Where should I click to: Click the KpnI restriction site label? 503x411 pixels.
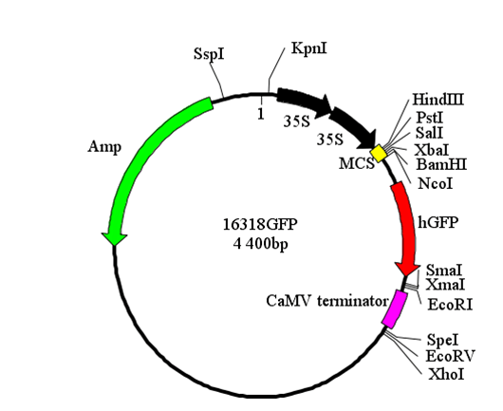[309, 49]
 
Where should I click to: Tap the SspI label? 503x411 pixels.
[209, 54]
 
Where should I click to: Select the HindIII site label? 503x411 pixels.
[438, 100]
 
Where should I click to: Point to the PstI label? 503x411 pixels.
[430, 118]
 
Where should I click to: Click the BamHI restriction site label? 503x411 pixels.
[441, 164]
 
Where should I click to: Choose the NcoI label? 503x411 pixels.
[436, 183]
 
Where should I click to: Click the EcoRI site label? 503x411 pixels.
[450, 305]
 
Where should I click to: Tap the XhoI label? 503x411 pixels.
[446, 374]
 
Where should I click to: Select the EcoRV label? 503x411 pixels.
[450, 356]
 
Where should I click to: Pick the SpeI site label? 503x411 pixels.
[442, 340]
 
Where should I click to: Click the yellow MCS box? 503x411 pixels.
[379, 154]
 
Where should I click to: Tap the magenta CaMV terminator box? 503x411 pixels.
[395, 309]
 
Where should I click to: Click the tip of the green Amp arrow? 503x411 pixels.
[114, 245]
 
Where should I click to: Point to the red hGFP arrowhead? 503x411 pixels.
[406, 270]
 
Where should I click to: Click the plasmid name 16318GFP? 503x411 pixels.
[260, 224]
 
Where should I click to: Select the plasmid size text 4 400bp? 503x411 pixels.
[260, 244]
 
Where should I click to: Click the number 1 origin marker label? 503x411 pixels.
[261, 114]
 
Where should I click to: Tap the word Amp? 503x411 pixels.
[104, 147]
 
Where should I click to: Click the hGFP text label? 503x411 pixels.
[438, 222]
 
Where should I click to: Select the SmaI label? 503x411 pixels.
[443, 271]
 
